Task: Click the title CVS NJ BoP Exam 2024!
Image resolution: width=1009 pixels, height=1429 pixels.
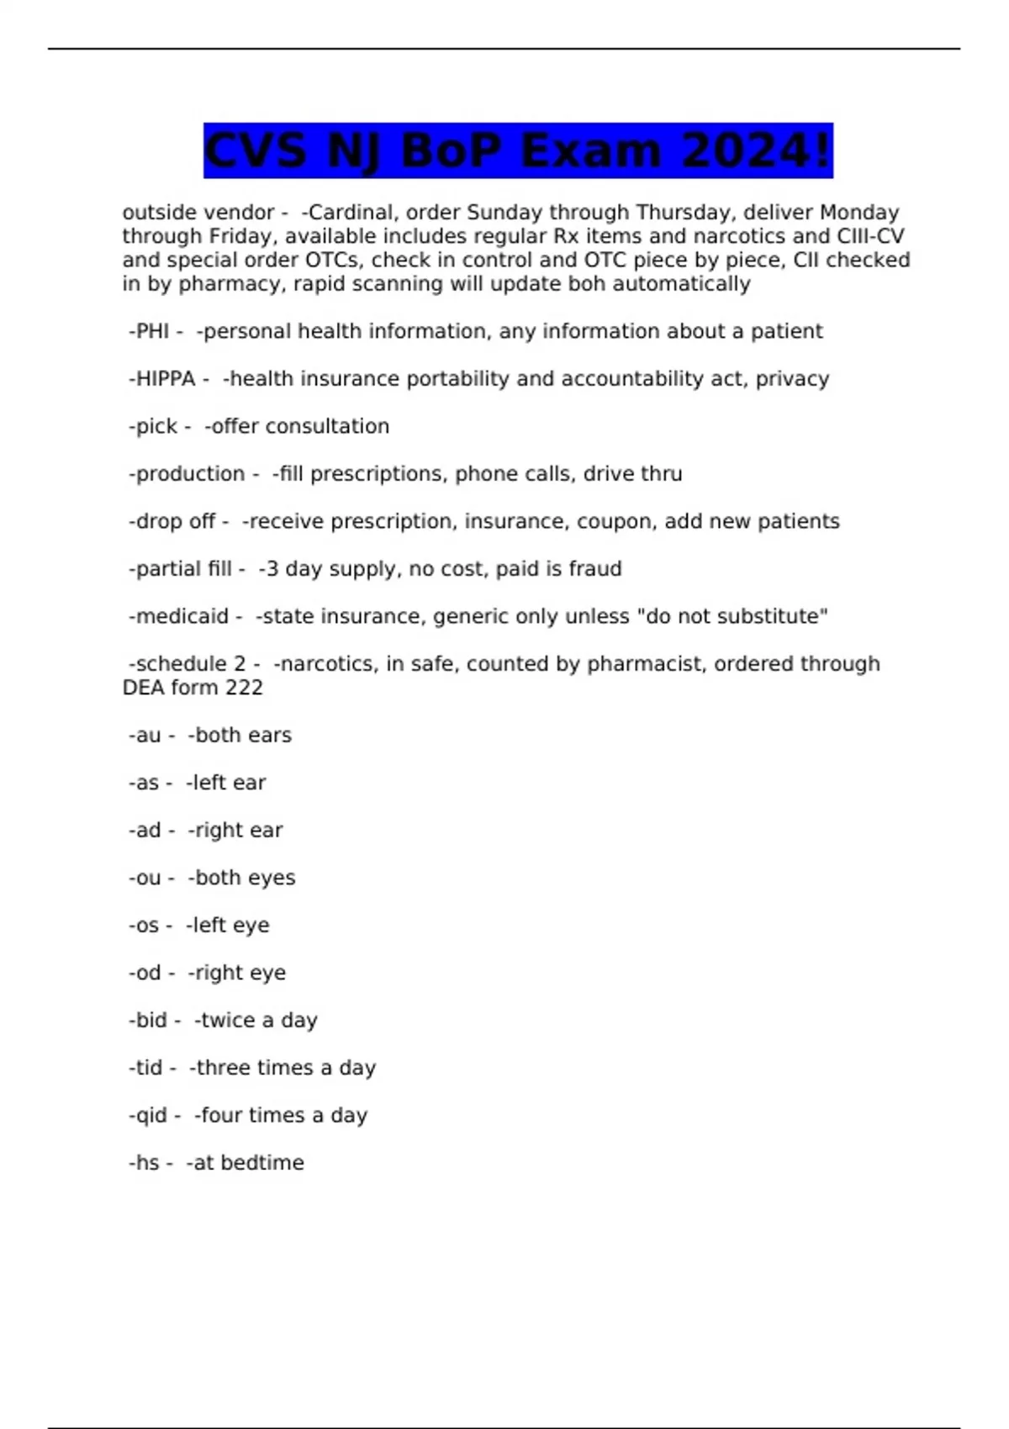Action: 518,150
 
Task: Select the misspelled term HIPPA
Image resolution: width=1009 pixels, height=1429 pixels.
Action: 166,379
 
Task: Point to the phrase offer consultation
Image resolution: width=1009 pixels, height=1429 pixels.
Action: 300,426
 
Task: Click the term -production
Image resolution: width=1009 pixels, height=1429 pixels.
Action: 187,474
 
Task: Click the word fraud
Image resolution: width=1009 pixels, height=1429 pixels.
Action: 595,569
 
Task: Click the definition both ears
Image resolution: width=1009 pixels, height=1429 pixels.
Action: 243,736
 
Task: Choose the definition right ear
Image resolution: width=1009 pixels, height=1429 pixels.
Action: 239,831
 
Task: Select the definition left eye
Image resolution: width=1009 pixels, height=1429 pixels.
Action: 231,925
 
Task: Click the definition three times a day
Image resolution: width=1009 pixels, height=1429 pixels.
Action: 286,1068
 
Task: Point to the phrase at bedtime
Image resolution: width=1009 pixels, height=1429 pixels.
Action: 249,1163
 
